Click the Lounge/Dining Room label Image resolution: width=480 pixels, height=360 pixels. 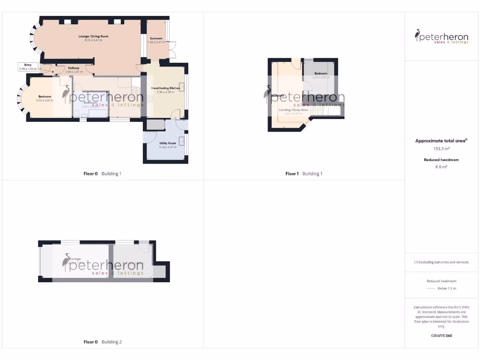click(93, 36)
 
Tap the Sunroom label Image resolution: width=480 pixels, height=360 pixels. click(156, 38)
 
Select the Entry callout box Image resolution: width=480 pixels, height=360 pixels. click(28, 67)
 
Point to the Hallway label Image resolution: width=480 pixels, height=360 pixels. click(74, 68)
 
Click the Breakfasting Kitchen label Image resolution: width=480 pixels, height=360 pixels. click(165, 88)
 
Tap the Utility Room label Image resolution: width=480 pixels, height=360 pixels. click(167, 143)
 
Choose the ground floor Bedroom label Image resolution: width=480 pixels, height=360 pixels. click(45, 97)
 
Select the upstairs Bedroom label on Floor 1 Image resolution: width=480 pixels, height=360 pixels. click(321, 74)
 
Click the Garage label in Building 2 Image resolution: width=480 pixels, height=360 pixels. click(75, 259)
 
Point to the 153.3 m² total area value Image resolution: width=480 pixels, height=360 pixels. click(442, 149)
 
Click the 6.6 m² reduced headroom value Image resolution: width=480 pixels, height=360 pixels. click(442, 166)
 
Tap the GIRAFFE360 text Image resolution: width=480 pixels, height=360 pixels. click(442, 336)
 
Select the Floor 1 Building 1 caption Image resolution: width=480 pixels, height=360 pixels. click(304, 173)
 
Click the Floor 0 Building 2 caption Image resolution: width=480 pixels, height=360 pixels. click(102, 342)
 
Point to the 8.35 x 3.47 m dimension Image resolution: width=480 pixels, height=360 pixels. click(93, 40)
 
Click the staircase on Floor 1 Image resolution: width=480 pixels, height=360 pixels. click(321, 112)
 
